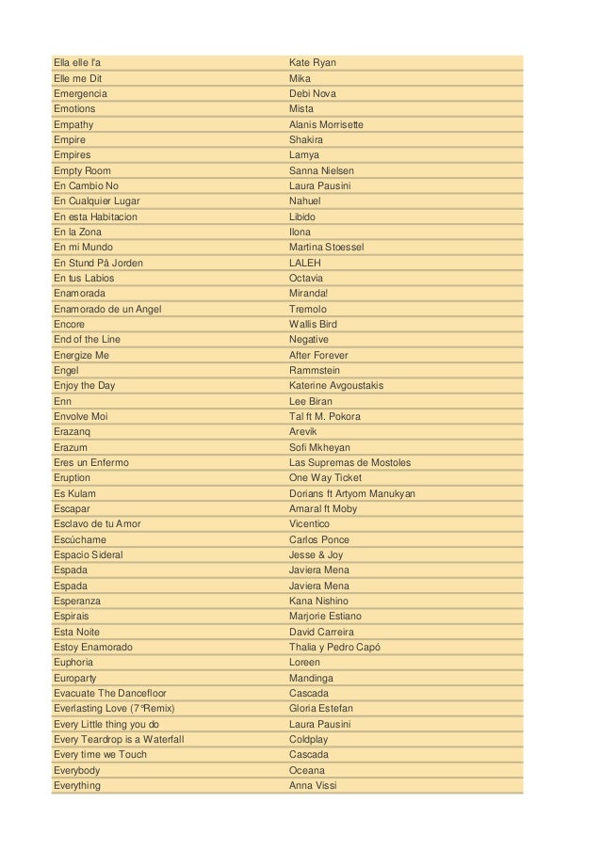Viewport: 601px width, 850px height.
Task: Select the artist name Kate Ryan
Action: point(313,63)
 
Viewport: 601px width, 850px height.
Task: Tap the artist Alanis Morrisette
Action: point(326,124)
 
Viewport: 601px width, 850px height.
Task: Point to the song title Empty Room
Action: point(82,170)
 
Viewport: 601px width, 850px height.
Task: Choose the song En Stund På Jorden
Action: point(99,263)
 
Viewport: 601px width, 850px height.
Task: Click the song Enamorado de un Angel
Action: point(107,309)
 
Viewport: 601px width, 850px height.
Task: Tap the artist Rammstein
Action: point(315,370)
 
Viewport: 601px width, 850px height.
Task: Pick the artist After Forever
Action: point(318,355)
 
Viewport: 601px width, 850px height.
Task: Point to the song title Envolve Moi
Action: point(81,416)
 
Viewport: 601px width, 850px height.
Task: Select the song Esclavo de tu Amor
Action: point(97,523)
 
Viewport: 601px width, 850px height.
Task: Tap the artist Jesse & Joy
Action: point(317,554)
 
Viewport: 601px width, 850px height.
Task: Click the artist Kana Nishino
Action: point(318,601)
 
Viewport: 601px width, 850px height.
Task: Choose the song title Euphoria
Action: point(73,662)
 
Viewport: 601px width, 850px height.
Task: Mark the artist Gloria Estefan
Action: point(321,708)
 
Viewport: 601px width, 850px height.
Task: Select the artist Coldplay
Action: point(310,739)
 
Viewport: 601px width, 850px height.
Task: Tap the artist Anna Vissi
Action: point(312,784)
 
